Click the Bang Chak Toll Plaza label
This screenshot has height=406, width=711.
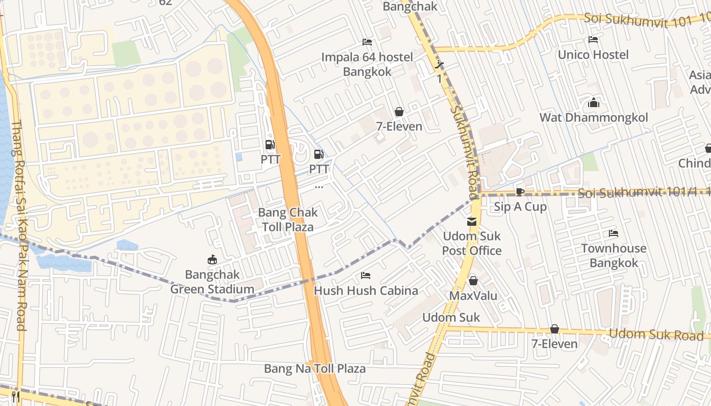click(288, 219)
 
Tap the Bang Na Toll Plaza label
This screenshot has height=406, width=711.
click(314, 368)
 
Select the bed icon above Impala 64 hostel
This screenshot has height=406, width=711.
click(367, 42)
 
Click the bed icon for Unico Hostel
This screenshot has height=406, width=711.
click(593, 40)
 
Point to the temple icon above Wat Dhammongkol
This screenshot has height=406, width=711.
click(593, 103)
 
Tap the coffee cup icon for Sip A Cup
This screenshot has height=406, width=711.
click(520, 192)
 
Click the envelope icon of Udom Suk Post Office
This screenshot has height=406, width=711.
click(472, 221)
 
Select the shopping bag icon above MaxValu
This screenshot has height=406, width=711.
click(473, 281)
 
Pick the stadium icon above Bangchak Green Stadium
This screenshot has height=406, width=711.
click(212, 260)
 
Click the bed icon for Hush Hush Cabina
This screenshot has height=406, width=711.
click(365, 276)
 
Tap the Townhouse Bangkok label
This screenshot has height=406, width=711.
click(613, 256)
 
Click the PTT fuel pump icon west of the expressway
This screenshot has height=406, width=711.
click(270, 145)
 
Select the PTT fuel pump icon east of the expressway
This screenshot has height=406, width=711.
click(319, 154)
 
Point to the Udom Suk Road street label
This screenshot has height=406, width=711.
click(656, 334)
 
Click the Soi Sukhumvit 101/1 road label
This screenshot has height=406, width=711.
click(637, 193)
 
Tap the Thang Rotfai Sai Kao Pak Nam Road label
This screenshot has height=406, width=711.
click(19, 225)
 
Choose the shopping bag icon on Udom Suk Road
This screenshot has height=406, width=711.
click(555, 329)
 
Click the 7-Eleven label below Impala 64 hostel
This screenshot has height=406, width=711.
click(399, 126)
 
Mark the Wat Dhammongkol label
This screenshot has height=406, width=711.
click(593, 118)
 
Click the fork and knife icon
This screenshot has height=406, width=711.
click(15, 396)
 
